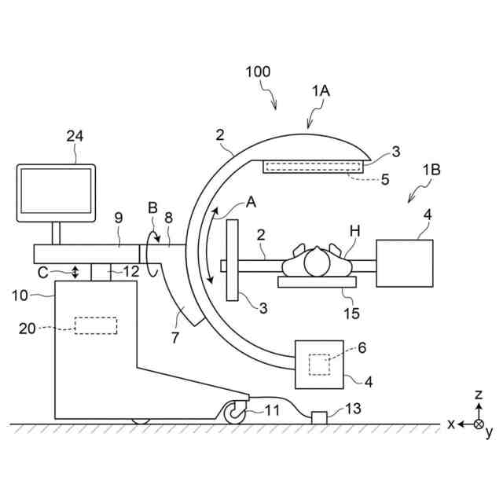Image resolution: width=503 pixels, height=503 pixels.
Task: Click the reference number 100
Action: click(x=257, y=72)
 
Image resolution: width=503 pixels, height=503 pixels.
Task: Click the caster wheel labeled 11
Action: click(x=234, y=412)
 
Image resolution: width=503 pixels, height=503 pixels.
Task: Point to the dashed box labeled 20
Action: click(x=96, y=325)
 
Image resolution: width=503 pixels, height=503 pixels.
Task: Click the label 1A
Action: click(x=321, y=91)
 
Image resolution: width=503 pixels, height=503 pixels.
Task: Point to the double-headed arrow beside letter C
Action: click(x=75, y=271)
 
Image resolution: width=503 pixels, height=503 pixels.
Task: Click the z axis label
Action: click(x=479, y=395)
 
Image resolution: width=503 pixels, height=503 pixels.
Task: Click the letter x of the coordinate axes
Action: click(x=452, y=424)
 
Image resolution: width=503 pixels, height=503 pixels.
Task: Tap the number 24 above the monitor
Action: click(x=75, y=136)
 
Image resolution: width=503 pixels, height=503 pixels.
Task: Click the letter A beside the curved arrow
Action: click(x=251, y=201)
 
